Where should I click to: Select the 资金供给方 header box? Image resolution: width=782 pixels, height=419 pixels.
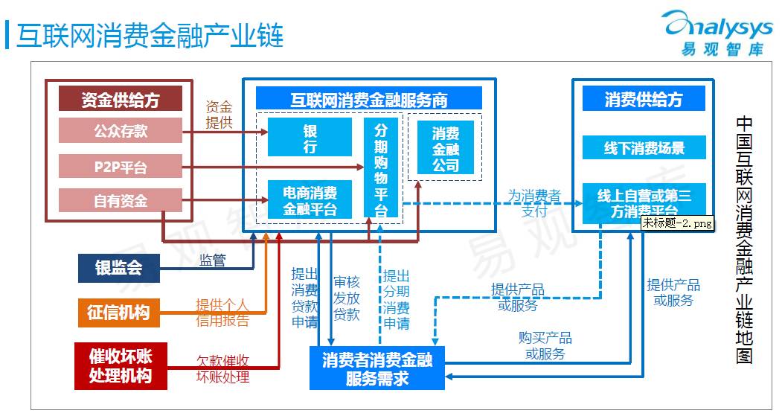click(121, 99)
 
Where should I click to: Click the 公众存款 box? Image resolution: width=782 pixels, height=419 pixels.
click(121, 131)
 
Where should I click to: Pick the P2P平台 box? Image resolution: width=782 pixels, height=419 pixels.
click(121, 166)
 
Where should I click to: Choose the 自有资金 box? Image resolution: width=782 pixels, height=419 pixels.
click(121, 200)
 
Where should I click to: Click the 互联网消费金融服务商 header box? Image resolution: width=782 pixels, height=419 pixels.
click(369, 99)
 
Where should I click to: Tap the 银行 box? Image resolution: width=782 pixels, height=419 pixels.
click(310, 137)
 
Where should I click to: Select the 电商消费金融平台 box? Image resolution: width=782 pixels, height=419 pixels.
click(310, 200)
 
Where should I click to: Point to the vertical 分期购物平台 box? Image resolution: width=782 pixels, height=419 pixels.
click(381, 167)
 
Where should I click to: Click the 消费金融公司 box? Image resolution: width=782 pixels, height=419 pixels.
click(446, 148)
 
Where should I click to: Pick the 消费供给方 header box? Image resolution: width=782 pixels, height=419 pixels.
click(644, 99)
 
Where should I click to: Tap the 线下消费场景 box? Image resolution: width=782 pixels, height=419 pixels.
click(644, 147)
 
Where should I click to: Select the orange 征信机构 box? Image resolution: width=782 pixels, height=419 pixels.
click(118, 312)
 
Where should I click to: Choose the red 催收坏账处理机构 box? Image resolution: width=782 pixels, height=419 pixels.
click(120, 365)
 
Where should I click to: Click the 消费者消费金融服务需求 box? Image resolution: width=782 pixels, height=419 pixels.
click(377, 368)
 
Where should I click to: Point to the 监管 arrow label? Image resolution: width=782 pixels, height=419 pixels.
click(212, 260)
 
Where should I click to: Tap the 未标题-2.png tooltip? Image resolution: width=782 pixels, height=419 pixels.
click(677, 223)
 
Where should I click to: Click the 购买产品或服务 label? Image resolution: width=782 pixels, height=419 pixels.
click(545, 346)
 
